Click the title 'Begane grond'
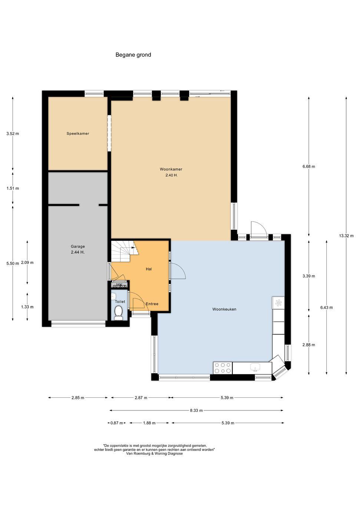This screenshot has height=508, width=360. pyautogui.click(x=133, y=55)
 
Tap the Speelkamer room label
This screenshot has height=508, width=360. pyautogui.click(x=78, y=134)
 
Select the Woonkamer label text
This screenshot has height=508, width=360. pyautogui.click(x=171, y=169)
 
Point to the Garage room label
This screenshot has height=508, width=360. pyautogui.click(x=78, y=246)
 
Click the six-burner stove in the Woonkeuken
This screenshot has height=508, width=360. pyautogui.click(x=223, y=368)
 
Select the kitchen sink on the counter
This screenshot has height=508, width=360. pyautogui.click(x=255, y=367)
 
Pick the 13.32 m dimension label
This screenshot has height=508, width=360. pyautogui.click(x=346, y=236)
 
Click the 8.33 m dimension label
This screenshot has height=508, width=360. pyautogui.click(x=196, y=410)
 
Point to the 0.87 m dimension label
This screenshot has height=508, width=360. pyautogui.click(x=117, y=423)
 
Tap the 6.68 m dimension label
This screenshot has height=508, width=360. pyautogui.click(x=308, y=167)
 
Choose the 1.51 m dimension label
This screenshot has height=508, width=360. pyautogui.click(x=13, y=188)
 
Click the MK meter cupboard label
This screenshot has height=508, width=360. pyautogui.click(x=119, y=285)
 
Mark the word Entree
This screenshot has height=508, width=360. pyautogui.click(x=152, y=304)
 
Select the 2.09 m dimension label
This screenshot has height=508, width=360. pyautogui.click(x=27, y=263)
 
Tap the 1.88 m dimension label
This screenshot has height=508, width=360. pyautogui.click(x=149, y=423)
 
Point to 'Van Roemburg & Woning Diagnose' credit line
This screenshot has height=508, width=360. pyautogui.click(x=154, y=453)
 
